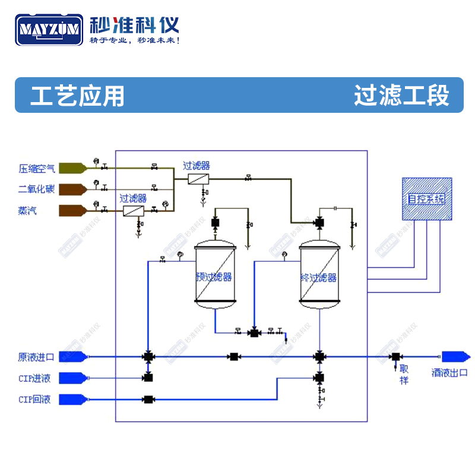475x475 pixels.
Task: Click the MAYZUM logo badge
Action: tap(50, 29)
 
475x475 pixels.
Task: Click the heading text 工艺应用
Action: tap(77, 95)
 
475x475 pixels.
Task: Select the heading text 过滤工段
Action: tap(401, 95)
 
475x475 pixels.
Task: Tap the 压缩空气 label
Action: tap(36, 169)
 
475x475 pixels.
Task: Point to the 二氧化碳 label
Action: tap(36, 189)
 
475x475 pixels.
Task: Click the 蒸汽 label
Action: tap(27, 210)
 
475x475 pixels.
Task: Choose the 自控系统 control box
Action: tap(426, 199)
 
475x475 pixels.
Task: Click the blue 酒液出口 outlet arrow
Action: tap(456, 357)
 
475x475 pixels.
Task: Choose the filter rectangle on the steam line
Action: tap(134, 211)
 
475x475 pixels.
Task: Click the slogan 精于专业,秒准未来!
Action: tap(134, 40)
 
